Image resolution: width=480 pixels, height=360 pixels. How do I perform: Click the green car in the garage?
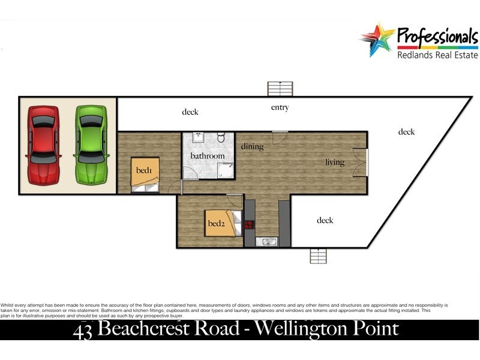pos(91,145)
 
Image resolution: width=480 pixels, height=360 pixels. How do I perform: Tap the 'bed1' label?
pos(144,170)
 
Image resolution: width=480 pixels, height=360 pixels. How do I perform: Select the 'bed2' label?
pos(215,224)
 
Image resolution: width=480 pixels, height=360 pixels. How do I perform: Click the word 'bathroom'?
pos(208,156)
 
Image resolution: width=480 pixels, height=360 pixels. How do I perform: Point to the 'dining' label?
pos(252,146)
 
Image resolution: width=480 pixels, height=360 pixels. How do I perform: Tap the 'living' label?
pos(335,162)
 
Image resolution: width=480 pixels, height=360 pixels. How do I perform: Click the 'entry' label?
pos(280,108)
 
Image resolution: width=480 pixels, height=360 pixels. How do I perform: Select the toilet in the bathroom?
pos(221,138)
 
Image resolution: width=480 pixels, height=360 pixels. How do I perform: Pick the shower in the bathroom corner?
pos(226,172)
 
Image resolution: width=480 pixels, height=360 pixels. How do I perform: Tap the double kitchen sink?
pos(267,242)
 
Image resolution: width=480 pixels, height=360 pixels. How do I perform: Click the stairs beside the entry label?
pos(280,88)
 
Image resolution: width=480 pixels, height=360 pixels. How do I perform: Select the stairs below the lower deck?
pos(318,256)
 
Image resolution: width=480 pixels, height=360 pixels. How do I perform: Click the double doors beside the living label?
pos(360,162)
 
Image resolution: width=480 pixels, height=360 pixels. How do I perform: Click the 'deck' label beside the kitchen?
pos(325,220)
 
